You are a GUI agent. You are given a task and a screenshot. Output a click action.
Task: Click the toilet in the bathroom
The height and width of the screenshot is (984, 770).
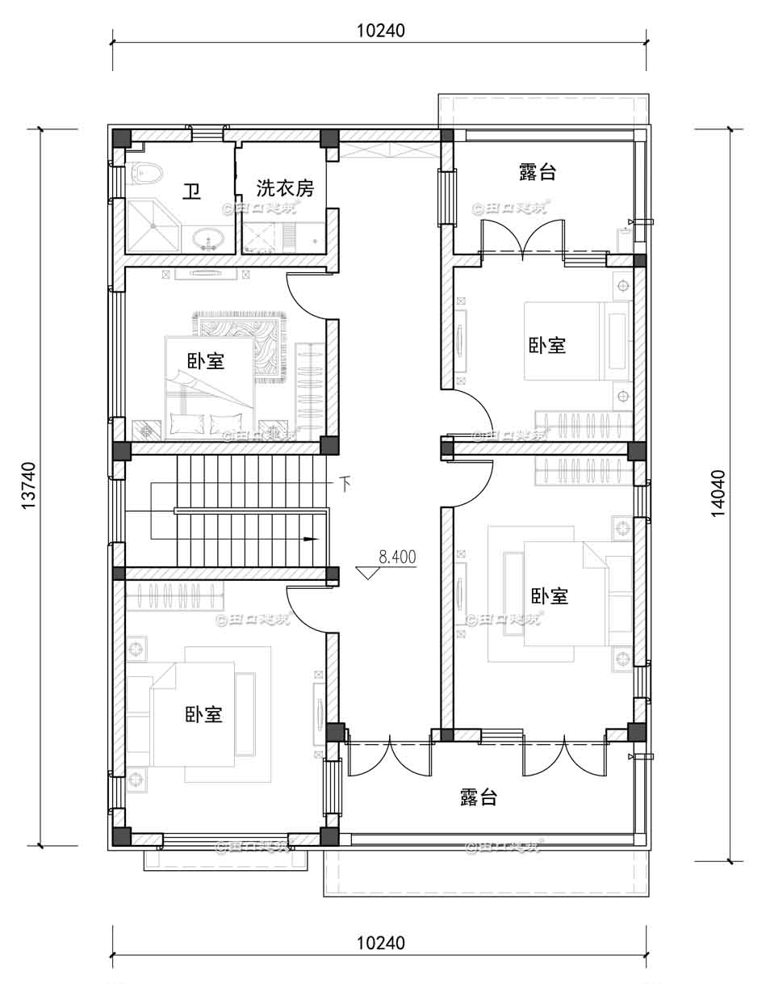(146, 173)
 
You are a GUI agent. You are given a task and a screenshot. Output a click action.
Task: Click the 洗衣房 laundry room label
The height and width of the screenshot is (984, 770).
(285, 188)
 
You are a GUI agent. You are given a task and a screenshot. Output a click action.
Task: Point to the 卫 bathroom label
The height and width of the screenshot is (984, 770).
(191, 191)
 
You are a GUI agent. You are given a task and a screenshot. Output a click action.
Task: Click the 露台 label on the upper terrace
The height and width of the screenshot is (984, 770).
(538, 171)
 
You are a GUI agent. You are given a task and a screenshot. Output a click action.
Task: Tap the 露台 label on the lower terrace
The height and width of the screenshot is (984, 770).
(479, 797)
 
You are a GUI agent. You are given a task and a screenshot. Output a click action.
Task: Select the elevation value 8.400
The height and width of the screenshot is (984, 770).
(396, 557)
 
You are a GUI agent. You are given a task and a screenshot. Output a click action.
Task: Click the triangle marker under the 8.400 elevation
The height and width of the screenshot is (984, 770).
(368, 572)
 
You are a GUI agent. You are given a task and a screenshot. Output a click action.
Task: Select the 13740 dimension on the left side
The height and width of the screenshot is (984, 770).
(29, 486)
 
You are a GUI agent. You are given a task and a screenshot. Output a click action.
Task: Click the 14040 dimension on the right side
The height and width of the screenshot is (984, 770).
(718, 493)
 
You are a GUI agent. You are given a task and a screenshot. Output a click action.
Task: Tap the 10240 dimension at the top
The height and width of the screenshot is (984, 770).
(380, 31)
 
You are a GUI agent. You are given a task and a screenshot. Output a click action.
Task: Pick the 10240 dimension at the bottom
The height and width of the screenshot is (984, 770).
(380, 943)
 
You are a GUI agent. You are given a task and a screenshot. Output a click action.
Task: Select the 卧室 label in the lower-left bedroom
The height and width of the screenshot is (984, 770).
(204, 714)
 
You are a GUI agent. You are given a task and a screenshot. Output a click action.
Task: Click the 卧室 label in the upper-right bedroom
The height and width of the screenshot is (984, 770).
(547, 345)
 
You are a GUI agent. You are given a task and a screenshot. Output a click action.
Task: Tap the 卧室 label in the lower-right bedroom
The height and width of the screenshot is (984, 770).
(550, 596)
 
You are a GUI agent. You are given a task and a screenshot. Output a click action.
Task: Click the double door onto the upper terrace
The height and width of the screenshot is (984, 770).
(524, 241)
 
